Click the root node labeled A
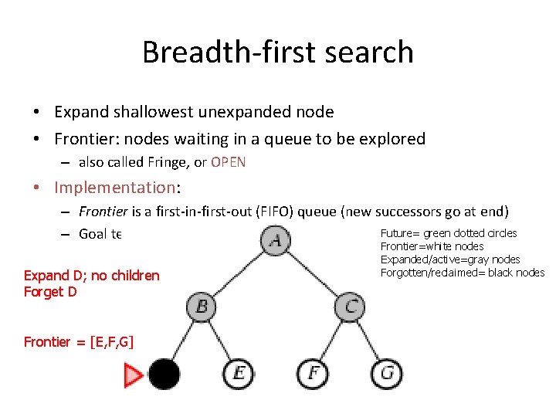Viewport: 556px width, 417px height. click(276, 240)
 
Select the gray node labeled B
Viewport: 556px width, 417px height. click(201, 306)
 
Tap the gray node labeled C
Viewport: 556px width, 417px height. click(350, 306)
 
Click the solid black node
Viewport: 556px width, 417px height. click(164, 374)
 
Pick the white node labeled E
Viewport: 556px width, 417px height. click(238, 374)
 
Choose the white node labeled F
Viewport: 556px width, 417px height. click(313, 374)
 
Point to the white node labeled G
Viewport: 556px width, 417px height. click(387, 374)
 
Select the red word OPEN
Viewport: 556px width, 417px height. click(228, 161)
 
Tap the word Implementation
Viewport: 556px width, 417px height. click(114, 187)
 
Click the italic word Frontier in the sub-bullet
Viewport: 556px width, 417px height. click(103, 211)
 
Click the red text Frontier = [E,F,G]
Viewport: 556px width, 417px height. click(79, 341)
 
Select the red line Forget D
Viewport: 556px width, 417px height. click(50, 291)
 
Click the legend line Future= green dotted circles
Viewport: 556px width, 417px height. click(449, 233)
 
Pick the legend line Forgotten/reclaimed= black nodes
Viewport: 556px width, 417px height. click(462, 272)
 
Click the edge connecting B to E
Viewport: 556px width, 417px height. click(219, 340)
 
